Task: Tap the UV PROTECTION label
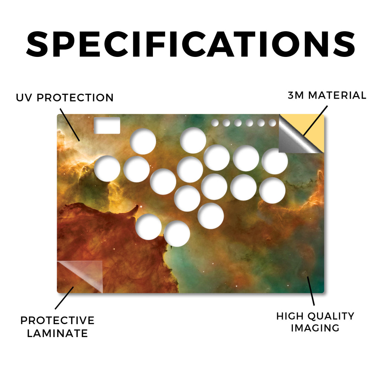pos(65,97)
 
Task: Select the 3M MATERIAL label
pos(327,95)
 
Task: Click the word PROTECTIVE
pos(57,320)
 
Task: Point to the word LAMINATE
pos(57,333)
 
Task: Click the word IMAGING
pos(315,328)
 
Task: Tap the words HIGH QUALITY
pos(315,316)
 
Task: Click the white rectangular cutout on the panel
pos(107,125)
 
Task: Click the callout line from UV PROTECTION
pos(70,125)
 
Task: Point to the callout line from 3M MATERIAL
pos(316,121)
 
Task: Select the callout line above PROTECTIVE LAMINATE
pos(64,298)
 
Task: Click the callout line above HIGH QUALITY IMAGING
pos(311,291)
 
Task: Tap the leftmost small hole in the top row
pos(215,123)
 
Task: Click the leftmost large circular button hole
pos(107,169)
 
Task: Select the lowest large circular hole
pos(177,234)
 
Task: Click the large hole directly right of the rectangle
pos(143,141)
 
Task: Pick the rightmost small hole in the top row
pos(272,123)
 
